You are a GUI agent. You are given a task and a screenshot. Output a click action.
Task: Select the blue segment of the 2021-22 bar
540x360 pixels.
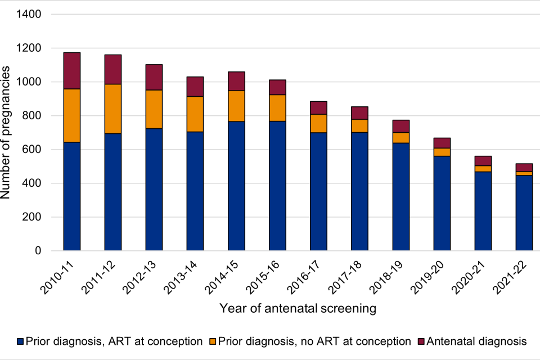[525, 213]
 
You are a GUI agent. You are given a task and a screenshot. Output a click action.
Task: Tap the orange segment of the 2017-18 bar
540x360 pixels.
[360, 126]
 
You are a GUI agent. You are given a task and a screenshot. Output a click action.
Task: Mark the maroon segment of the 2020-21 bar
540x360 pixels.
[483, 161]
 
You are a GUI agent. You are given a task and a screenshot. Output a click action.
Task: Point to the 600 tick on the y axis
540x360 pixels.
[34, 150]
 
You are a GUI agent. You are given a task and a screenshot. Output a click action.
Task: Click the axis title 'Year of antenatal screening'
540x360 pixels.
[298, 308]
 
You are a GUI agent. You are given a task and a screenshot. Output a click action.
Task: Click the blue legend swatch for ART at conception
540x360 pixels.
[21, 341]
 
